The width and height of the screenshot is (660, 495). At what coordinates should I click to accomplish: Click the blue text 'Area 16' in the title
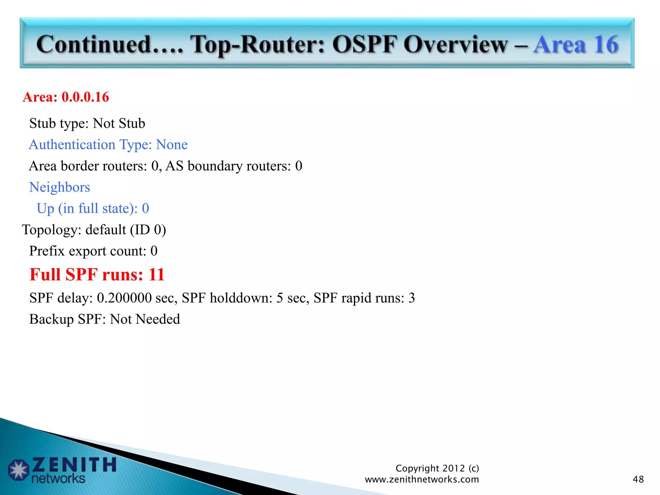click(x=576, y=44)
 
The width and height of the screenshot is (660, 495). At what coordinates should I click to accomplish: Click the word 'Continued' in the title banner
click(x=94, y=44)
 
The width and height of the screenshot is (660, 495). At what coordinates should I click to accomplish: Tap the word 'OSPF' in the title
click(x=364, y=44)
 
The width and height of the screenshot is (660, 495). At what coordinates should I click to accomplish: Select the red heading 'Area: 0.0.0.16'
click(x=66, y=97)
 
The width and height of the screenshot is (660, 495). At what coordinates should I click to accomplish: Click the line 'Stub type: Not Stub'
click(x=87, y=123)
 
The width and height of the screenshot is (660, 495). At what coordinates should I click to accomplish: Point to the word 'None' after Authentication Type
click(x=172, y=145)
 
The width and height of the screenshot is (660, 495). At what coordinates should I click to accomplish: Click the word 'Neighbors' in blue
click(x=60, y=187)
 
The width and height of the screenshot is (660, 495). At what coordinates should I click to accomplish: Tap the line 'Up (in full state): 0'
click(x=93, y=209)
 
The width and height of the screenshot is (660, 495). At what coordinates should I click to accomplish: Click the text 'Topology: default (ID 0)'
click(x=94, y=230)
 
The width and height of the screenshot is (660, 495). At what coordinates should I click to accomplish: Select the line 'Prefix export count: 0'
click(x=93, y=251)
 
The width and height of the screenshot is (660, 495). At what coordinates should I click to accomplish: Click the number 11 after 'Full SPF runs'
click(x=157, y=275)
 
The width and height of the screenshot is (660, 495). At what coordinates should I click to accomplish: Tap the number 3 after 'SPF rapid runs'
click(x=412, y=298)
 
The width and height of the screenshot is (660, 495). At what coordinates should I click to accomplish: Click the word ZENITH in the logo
click(x=74, y=465)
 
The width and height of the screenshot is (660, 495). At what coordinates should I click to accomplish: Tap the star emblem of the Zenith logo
click(x=18, y=470)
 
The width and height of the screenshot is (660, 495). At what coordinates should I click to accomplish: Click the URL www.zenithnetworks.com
click(x=422, y=480)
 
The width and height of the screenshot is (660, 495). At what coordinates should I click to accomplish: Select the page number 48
click(x=638, y=479)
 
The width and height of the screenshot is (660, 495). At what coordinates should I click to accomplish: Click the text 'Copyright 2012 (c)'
click(x=437, y=468)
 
